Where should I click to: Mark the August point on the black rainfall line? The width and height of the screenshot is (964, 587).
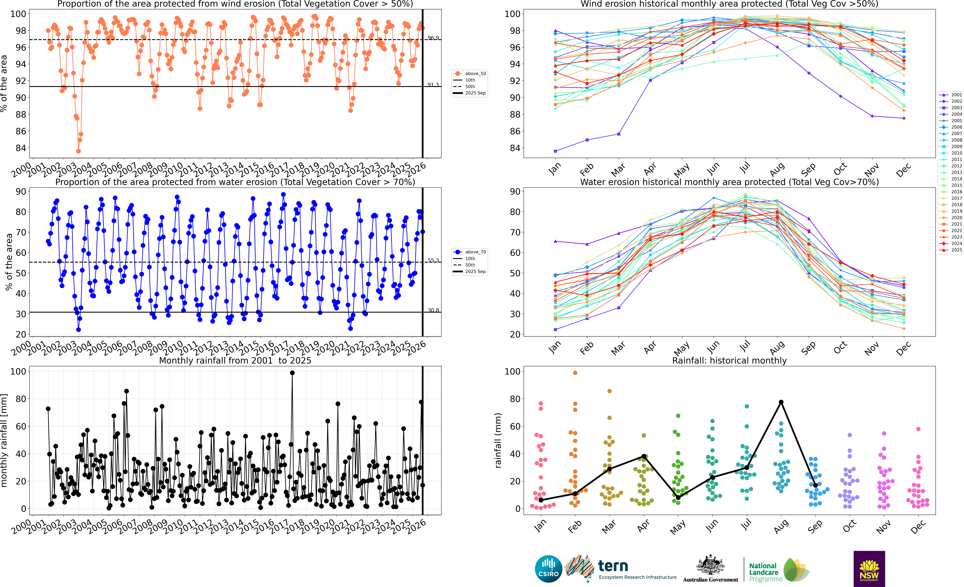pyautogui.click(x=781, y=402)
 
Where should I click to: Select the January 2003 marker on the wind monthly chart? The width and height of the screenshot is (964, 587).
pyautogui.click(x=556, y=151)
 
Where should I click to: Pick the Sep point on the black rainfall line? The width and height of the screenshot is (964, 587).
pyautogui.click(x=815, y=485)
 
